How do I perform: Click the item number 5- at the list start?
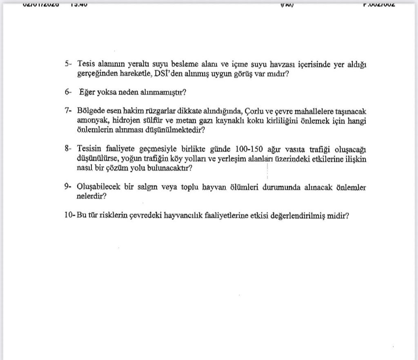click(68, 64)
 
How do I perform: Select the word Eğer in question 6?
click(87, 92)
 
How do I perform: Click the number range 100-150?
click(250, 149)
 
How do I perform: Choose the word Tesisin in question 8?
click(89, 149)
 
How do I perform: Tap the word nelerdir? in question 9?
click(92, 197)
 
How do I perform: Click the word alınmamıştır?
click(160, 92)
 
